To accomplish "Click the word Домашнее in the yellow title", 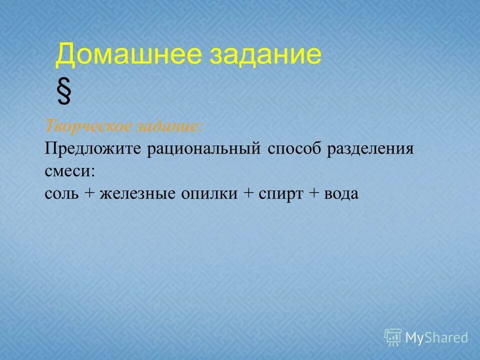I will coord(128,55).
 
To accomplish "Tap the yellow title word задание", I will coord(265,55).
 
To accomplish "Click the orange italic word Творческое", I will coord(80,126).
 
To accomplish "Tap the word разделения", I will coord(370,149).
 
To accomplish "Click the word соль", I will coord(61,193).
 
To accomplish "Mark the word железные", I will coord(131,193).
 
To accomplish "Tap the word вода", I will coord(341,193).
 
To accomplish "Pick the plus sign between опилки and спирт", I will coord(248,194).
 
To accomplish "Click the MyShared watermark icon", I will coord(393,337).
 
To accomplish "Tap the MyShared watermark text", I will coord(436,338).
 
